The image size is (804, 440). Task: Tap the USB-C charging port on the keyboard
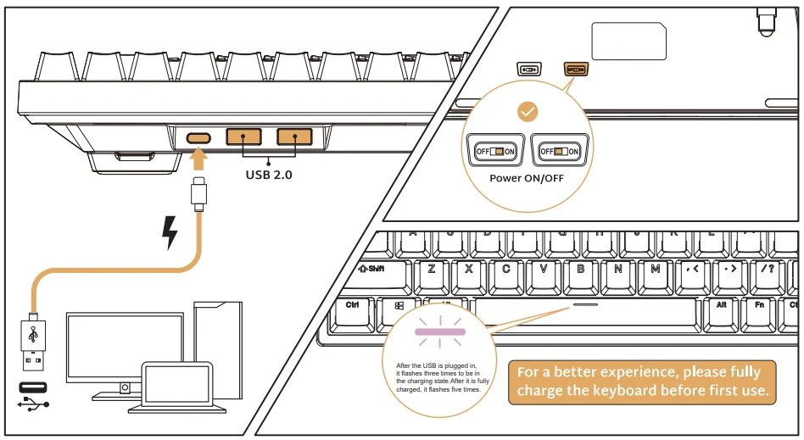[x=199, y=137]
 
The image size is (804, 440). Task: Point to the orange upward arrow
[x=199, y=160]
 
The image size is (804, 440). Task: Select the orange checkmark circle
[x=528, y=111]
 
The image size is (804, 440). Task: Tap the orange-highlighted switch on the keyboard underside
[x=575, y=69]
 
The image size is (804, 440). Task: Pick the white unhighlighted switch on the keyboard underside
[x=528, y=69]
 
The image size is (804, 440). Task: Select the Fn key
[x=759, y=304]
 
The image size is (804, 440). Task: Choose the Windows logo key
[x=399, y=305]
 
